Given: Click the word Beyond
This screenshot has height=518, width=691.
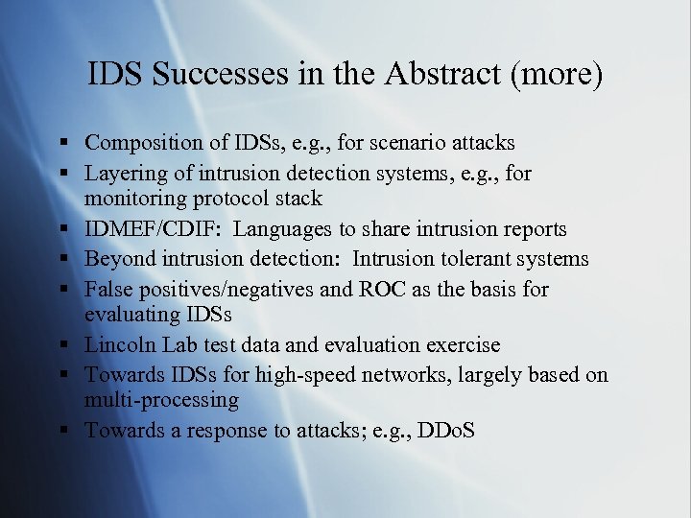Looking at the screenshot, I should click(x=117, y=259).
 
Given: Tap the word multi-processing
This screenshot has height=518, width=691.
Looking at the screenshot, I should click(x=161, y=400).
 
